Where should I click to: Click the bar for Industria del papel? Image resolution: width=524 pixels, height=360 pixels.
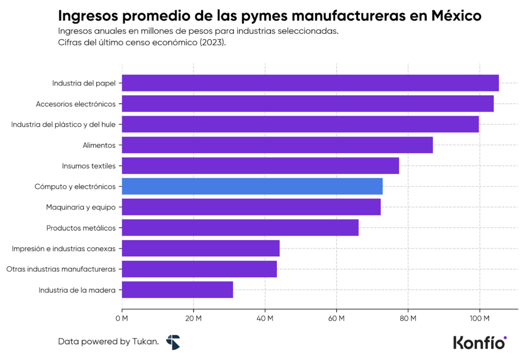point(310,83)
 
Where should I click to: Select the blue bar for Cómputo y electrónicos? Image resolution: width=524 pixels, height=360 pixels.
point(252,187)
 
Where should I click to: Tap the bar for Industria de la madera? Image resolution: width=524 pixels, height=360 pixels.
point(177,290)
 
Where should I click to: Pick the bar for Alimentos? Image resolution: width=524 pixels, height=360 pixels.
point(277,145)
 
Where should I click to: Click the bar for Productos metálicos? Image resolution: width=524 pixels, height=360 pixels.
point(240,228)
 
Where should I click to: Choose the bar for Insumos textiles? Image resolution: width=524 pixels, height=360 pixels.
point(260,166)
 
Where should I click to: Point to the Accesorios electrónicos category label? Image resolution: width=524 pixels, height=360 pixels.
point(75,104)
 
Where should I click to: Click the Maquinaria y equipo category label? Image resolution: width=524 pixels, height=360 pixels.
point(80,207)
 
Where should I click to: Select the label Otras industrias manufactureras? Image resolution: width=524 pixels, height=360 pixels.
point(60,269)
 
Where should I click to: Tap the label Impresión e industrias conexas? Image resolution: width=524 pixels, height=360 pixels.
point(63,249)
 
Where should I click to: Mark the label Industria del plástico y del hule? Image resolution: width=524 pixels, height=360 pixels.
point(63,124)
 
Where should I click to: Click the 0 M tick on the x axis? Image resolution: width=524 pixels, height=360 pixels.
point(122,319)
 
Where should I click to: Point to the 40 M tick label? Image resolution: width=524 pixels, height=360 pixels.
point(265,319)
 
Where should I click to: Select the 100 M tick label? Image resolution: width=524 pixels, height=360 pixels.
point(479,319)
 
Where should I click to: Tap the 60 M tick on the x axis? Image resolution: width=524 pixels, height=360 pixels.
point(336,319)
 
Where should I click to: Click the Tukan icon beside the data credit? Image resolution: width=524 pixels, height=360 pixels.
point(173,342)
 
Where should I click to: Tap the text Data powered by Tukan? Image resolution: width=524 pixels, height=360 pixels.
point(108,342)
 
